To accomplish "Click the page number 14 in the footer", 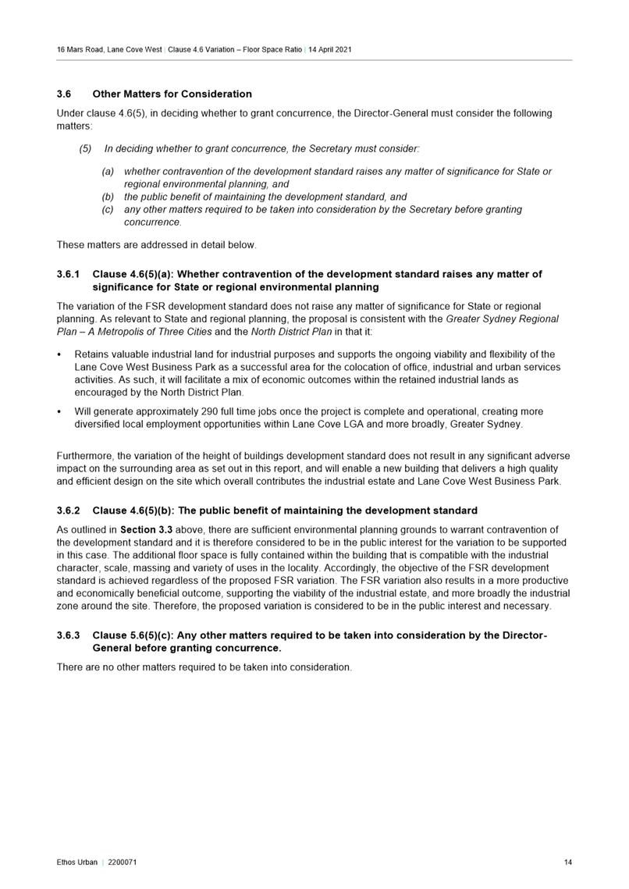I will click(x=567, y=862).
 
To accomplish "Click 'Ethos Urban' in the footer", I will click(x=77, y=862).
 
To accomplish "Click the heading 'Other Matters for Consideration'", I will click(x=172, y=94).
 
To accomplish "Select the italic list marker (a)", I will click(x=108, y=172).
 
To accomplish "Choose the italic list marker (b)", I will click(x=108, y=197).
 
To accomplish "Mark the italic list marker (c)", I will click(x=108, y=210).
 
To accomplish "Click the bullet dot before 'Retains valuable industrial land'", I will click(x=61, y=354).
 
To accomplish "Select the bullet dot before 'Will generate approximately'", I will click(x=61, y=411).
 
